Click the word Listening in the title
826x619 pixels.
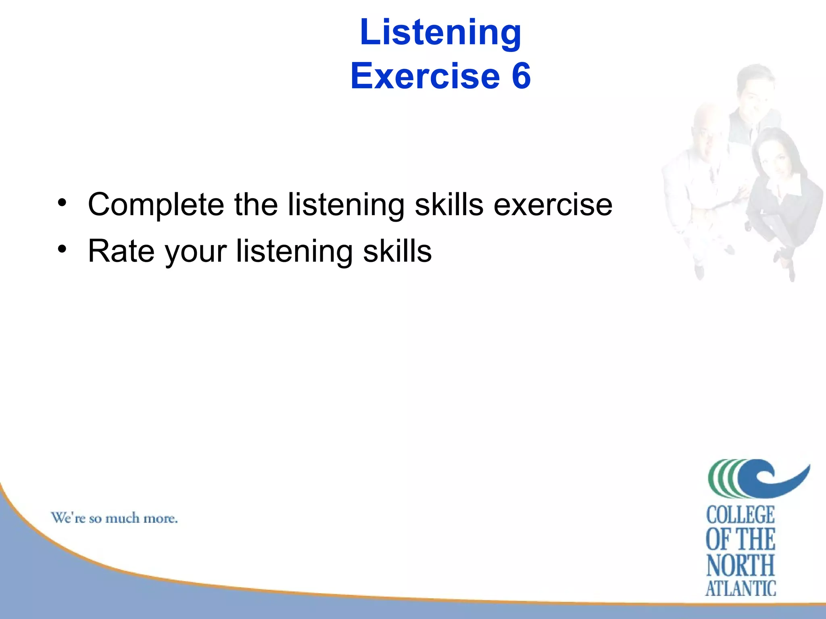[x=440, y=33]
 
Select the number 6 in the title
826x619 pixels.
[x=521, y=76]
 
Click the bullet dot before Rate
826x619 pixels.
[x=61, y=249]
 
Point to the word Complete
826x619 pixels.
[x=156, y=205]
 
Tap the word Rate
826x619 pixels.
[x=121, y=251]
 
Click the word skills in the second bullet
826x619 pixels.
[x=397, y=251]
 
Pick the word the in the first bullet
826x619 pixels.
[x=256, y=205]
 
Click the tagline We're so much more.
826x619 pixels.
[x=114, y=518]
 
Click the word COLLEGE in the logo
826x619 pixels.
[x=740, y=515]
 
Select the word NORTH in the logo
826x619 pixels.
[x=740, y=565]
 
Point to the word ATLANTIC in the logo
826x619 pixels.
[x=740, y=588]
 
